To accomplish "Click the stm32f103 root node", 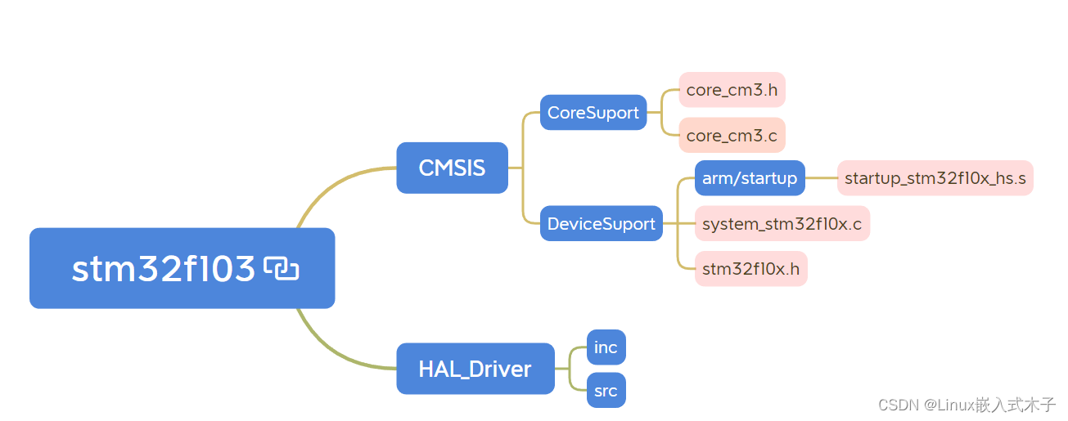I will pyautogui.click(x=164, y=268).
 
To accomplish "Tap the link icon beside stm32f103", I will pyautogui.click(x=282, y=268).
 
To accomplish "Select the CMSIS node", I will pyautogui.click(x=452, y=168).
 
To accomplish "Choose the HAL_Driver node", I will pyautogui.click(x=475, y=369).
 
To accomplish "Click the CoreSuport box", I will pyautogui.click(x=593, y=112).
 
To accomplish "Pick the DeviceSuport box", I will pyautogui.click(x=601, y=223).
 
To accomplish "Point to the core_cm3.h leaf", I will pyautogui.click(x=732, y=90).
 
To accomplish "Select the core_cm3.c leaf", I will pyautogui.click(x=732, y=135).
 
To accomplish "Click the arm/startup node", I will pyautogui.click(x=750, y=178).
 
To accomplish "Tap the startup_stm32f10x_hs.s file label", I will pyautogui.click(x=935, y=178).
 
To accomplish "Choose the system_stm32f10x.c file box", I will pyautogui.click(x=782, y=223).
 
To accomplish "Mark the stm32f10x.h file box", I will pyautogui.click(x=750, y=269).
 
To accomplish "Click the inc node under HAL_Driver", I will pyautogui.click(x=606, y=347).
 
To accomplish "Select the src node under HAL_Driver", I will pyautogui.click(x=606, y=391).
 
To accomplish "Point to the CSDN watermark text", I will pyautogui.click(x=967, y=404).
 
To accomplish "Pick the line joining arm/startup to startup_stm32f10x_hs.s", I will pyautogui.click(x=821, y=178).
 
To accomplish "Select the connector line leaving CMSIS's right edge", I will pyautogui.click(x=516, y=168).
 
